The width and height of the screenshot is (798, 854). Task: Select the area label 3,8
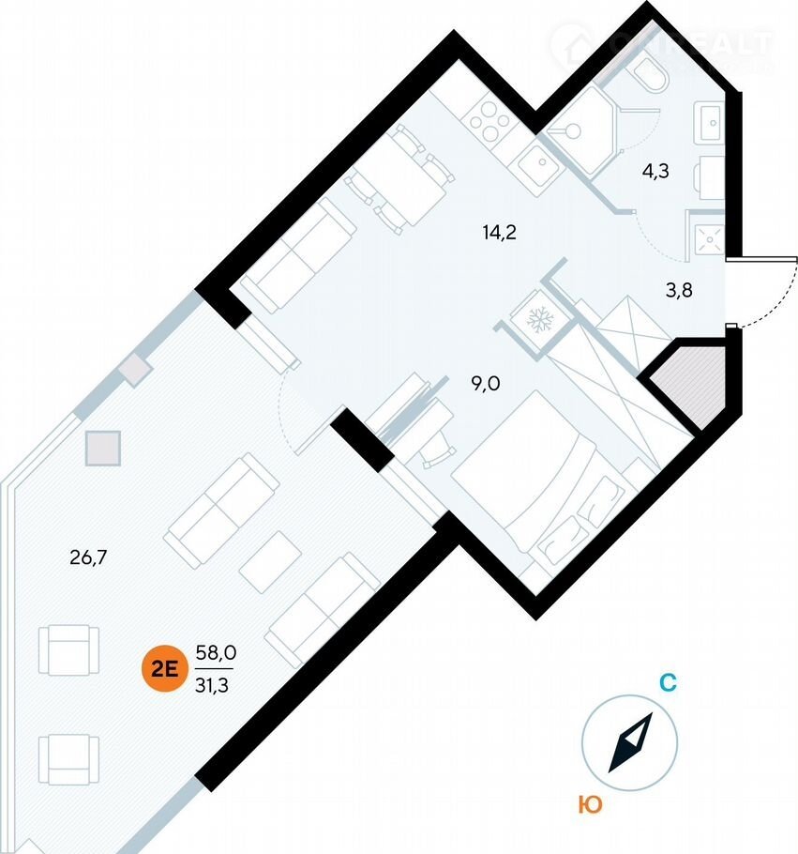[679, 290]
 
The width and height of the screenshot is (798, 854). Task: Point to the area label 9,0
[484, 382]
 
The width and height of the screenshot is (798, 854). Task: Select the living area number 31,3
[214, 684]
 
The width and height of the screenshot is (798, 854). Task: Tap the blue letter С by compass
[667, 683]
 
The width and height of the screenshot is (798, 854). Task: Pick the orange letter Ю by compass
[590, 804]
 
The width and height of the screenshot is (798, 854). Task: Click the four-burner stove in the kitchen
[489, 117]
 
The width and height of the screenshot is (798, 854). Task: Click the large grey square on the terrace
[103, 448]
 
